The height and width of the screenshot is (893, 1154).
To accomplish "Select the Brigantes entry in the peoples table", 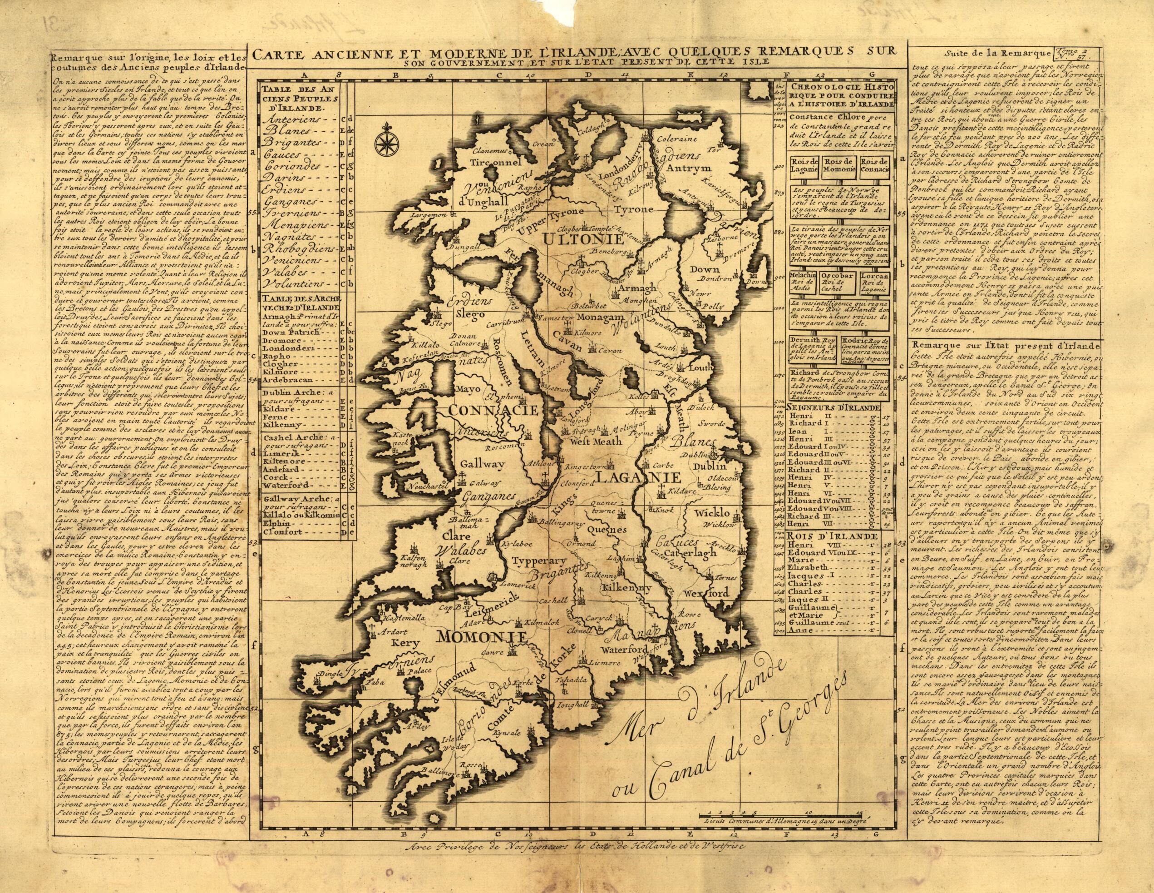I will point(298,143).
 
